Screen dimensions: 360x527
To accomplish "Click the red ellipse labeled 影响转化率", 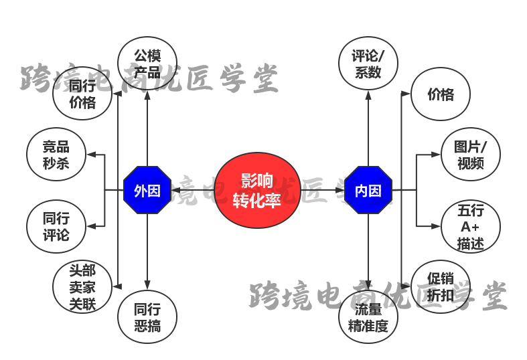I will tap(256, 190).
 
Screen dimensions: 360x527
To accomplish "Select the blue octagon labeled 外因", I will tap(147, 190).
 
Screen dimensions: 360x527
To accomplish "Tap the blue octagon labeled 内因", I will tap(368, 190).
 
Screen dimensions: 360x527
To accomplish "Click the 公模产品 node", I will tap(147, 63).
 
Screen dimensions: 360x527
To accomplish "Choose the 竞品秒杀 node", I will tap(56, 155).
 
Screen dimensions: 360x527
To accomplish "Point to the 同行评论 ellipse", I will tap(56, 226).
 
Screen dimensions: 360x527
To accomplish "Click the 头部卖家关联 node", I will tap(82, 287).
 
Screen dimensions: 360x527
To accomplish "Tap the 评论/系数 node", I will tap(368, 63).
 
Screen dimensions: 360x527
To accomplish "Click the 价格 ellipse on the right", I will tap(440, 94).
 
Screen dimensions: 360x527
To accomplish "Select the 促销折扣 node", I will tap(440, 286).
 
